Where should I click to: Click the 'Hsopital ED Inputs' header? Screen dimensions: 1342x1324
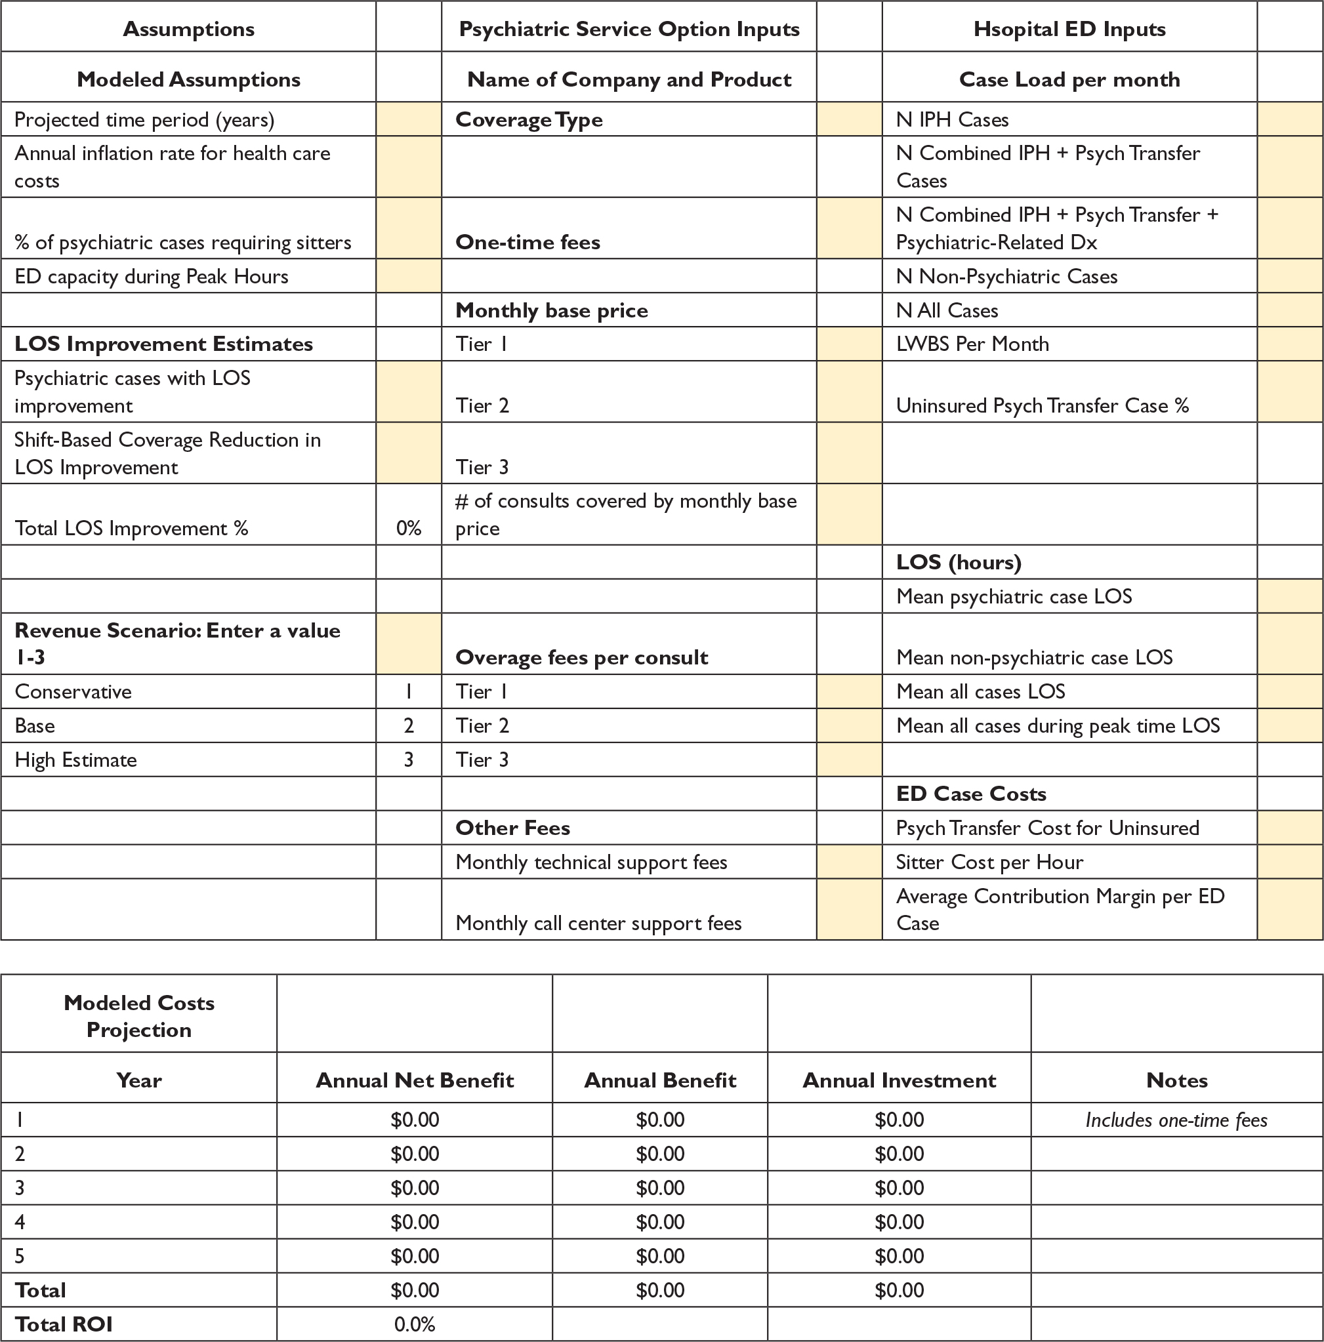pos(1069,29)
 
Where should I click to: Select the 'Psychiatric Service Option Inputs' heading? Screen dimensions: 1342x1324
pos(629,29)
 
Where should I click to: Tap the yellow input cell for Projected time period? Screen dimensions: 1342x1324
pos(409,119)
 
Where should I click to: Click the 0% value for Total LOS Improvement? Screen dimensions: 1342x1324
pos(409,529)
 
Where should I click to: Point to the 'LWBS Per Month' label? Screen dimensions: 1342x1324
pos(972,344)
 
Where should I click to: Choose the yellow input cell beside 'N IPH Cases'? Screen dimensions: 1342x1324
pos(1289,119)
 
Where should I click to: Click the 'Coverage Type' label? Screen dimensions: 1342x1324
pos(529,119)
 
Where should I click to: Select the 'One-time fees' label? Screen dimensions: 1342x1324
pos(528,243)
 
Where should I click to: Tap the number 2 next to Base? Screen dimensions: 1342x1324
pos(409,726)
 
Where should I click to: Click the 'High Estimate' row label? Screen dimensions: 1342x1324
pos(75,760)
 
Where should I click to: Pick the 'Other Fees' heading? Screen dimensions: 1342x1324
pos(512,828)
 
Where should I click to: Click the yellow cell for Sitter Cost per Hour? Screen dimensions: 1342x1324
pos(1289,862)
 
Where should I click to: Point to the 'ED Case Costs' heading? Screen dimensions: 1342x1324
pos(970,794)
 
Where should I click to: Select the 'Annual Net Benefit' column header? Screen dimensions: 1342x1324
pos(415,1080)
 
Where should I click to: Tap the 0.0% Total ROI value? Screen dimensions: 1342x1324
pos(415,1324)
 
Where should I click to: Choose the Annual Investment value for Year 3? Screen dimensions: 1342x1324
pos(899,1188)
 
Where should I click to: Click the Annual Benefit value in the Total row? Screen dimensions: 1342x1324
pos(660,1290)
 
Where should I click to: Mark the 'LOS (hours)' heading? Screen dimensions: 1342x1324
pos(958,562)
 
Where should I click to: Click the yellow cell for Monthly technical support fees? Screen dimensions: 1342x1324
pos(849,862)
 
